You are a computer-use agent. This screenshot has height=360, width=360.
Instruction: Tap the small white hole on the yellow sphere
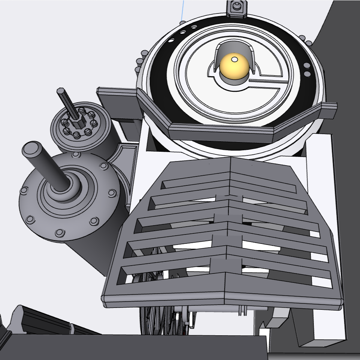tap(234, 59)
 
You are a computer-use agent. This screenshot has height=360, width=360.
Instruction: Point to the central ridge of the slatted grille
tap(229, 225)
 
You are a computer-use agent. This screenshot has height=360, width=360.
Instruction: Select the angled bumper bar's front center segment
tap(221, 131)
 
